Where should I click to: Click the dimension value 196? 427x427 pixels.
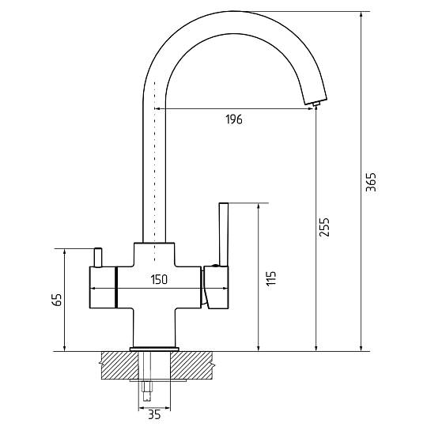234,119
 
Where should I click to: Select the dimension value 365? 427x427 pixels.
371,182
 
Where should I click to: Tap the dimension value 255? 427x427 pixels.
324,227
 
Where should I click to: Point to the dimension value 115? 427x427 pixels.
271,278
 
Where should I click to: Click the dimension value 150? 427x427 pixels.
159,279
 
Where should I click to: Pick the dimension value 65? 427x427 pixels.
57,300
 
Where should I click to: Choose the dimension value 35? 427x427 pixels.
154,415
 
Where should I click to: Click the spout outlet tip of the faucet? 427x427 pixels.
316,104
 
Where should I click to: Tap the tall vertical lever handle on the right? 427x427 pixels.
224,234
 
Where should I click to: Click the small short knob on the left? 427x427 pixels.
98,257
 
